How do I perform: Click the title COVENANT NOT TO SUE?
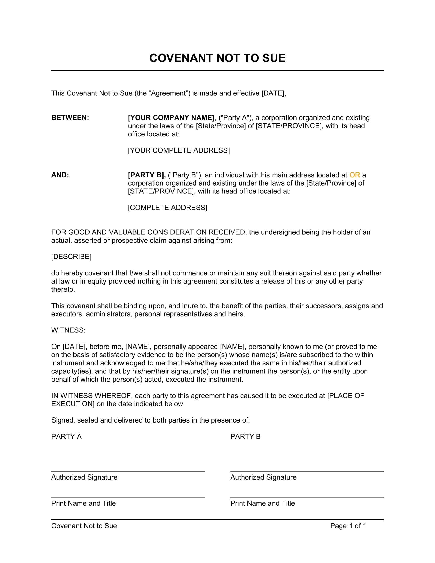217,58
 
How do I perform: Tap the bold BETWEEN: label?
70,117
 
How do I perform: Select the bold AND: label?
60,175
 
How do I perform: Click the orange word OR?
354,175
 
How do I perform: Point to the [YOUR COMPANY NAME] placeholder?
171,117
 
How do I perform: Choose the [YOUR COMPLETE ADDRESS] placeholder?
179,150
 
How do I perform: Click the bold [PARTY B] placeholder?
147,175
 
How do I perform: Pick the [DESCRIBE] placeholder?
71,256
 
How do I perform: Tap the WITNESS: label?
68,330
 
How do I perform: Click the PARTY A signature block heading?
67,436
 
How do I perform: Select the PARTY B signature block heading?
245,436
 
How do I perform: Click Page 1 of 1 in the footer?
348,526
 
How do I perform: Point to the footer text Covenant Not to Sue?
84,526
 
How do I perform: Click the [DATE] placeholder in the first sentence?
274,93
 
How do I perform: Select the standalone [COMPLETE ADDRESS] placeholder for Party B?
168,208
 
